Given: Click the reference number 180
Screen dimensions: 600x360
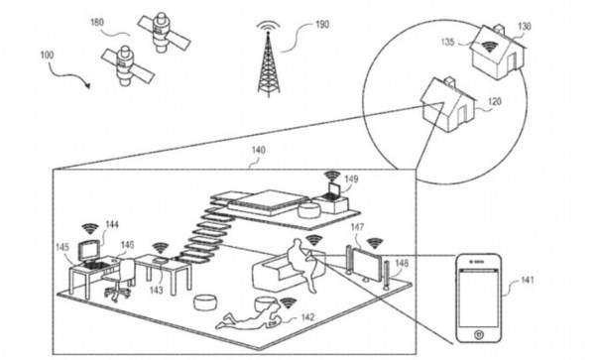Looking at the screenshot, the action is click(97, 23).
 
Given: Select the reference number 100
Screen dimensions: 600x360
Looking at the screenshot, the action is click(47, 56).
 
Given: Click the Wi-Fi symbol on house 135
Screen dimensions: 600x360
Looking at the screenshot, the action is click(489, 47).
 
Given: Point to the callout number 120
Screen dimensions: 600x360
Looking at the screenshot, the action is click(495, 102).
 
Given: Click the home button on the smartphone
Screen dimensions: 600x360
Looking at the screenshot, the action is click(478, 335).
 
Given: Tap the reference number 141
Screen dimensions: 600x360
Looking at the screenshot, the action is click(528, 280).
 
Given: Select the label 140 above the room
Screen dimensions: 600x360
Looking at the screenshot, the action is click(258, 150).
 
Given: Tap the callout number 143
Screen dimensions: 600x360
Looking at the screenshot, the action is click(157, 291).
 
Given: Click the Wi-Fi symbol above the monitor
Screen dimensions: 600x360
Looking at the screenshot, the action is click(90, 228).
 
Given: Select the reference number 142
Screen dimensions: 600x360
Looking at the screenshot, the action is click(307, 317).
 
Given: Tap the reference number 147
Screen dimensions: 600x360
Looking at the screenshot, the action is click(357, 227).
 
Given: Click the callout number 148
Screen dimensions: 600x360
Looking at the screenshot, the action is click(402, 263).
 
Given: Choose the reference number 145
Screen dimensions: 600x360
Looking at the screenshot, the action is click(62, 247).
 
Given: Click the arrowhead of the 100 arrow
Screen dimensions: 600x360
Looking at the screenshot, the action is click(89, 85).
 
